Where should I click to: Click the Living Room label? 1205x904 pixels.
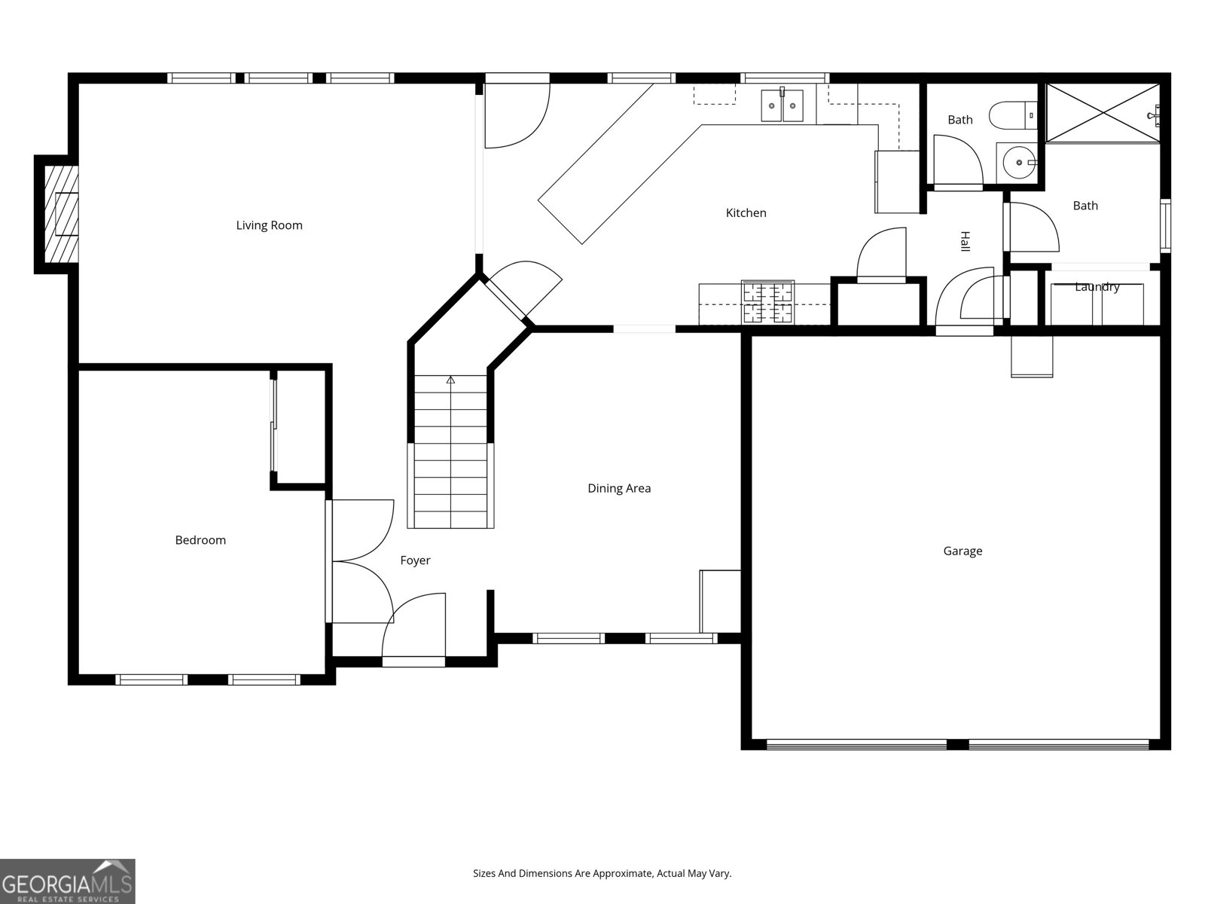coord(269,225)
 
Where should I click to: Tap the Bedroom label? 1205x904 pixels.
coord(200,540)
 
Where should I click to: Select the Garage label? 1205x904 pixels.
coord(963,551)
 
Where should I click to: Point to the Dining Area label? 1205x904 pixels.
coord(619,488)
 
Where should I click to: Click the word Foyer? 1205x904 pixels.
coord(415,560)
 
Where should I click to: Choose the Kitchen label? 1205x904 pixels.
coord(746,213)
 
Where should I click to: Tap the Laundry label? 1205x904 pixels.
coord(1097,287)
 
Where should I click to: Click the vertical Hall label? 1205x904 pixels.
coord(965,242)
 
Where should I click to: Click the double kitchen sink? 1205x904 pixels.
coord(782,105)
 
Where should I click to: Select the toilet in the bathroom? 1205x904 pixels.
coord(1013,115)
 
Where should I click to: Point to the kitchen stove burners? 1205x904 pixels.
coord(767,301)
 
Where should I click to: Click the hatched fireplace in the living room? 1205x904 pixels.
coord(61,214)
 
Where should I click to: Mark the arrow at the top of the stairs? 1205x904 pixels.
coord(450,380)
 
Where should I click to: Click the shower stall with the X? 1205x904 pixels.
coord(1103,113)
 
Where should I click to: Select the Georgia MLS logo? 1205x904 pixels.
coord(67,881)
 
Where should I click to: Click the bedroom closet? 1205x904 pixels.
coord(300,427)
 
